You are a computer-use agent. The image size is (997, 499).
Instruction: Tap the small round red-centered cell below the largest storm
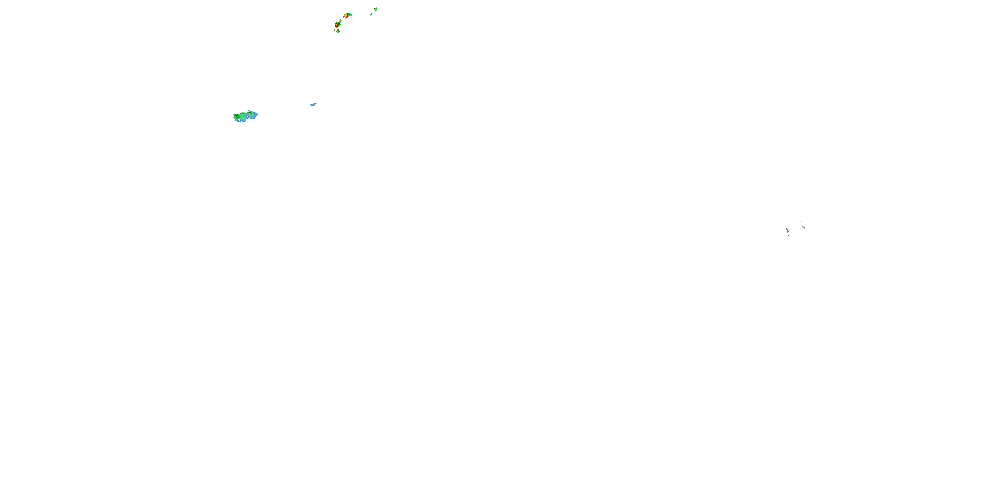click(338, 31)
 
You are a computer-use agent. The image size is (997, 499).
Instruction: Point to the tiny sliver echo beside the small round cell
click(334, 30)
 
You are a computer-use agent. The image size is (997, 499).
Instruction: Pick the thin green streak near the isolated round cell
click(371, 14)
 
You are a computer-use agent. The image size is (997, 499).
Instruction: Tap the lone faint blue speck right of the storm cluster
click(402, 40)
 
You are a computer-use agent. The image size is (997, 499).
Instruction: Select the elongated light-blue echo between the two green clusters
click(313, 104)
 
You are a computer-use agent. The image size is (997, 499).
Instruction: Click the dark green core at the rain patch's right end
click(250, 113)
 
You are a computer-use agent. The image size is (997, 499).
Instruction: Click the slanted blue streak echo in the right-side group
click(787, 231)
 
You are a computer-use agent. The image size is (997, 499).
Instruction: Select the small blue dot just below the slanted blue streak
click(788, 235)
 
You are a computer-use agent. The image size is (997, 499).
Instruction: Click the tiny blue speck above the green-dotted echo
click(801, 222)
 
